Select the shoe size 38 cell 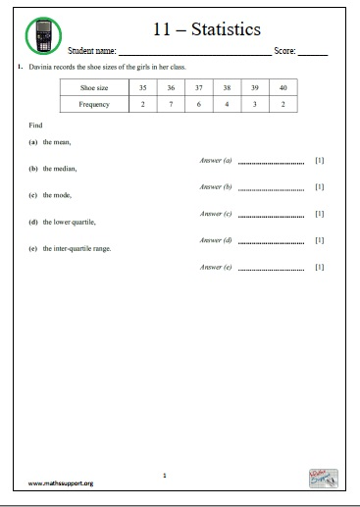pyautogui.click(x=227, y=87)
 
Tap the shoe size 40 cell pyautogui.click(x=283, y=87)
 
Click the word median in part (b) pyautogui.click(x=67, y=169)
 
